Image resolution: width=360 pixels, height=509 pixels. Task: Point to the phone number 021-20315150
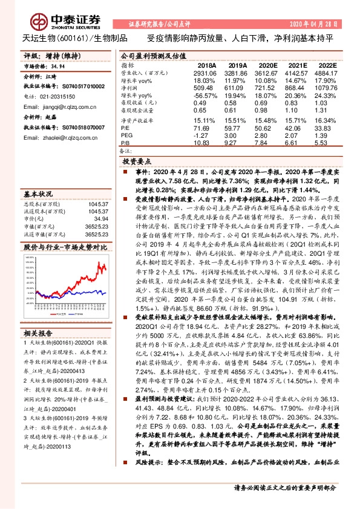pos(60,96)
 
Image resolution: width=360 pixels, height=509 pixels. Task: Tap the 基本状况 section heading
pos(39,194)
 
